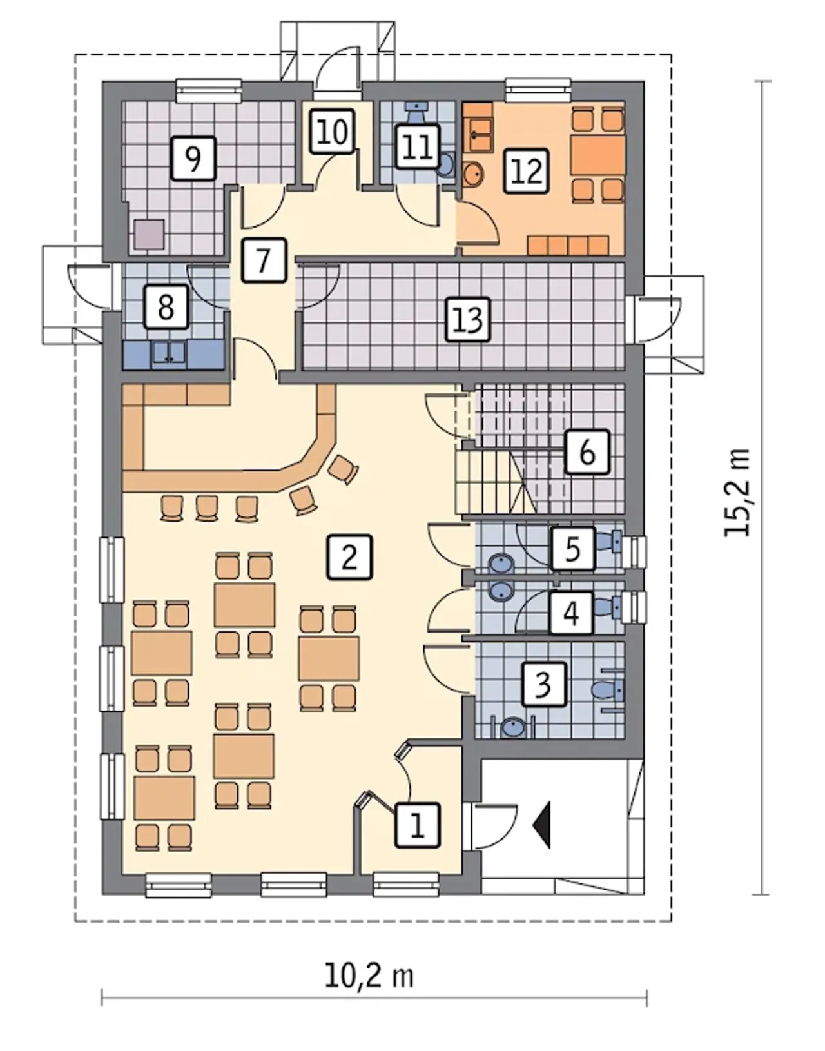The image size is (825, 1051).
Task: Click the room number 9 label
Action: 193,159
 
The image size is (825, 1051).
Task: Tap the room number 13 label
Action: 468,320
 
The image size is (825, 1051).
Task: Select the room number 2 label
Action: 349,556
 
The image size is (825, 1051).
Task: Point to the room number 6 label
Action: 587,452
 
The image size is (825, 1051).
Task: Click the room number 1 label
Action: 418,825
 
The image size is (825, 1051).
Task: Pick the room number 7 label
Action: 264,260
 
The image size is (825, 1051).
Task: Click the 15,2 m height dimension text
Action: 737,493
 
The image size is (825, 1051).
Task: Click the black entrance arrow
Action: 542,825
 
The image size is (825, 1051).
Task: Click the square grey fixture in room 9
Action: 150,235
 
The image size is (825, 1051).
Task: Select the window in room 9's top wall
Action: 208,91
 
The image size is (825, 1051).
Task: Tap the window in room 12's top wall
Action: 538,90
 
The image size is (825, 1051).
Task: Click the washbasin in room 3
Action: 511,727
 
